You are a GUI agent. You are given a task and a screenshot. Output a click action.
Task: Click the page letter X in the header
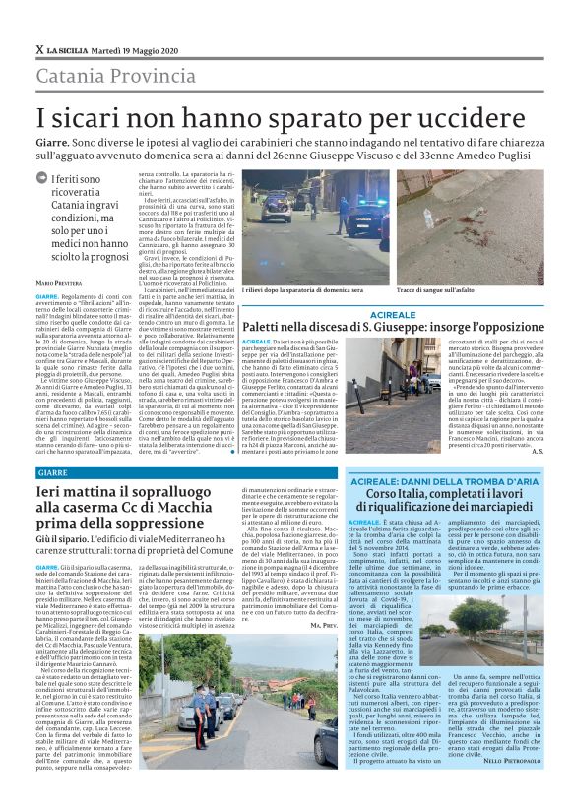coord(39,49)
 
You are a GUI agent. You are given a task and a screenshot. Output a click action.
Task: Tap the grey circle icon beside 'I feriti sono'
coord(42,179)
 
